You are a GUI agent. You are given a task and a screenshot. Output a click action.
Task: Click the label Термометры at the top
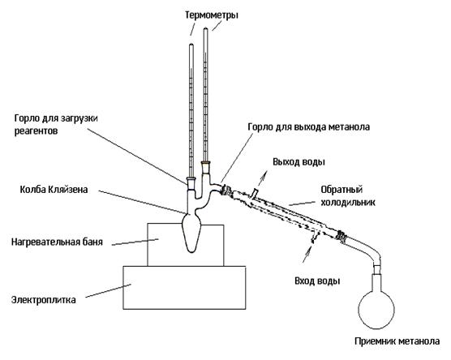coord(212,15)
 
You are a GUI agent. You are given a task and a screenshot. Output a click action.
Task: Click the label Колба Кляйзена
coord(54,190)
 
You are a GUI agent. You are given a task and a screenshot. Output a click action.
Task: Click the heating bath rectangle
coord(186,246)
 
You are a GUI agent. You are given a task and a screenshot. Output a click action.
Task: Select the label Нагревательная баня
coord(57,242)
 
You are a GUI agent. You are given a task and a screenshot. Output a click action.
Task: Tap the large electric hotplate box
coord(184,288)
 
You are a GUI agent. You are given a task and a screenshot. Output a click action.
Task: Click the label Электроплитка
coord(44,300)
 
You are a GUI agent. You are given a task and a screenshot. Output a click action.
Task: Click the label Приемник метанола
coord(397,341)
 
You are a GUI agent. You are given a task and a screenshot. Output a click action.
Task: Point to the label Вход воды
coord(317,281)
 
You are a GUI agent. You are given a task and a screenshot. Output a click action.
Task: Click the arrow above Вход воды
coord(307,255)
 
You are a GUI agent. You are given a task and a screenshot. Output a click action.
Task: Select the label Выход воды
coord(299,162)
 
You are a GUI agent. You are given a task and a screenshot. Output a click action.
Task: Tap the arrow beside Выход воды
coord(262,178)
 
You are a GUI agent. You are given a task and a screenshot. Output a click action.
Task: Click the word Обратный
coord(341,190)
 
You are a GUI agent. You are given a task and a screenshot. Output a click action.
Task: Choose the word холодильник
coord(348,202)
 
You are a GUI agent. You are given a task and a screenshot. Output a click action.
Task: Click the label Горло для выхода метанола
coord(308,126)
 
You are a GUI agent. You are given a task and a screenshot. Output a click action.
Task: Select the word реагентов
coord(36,131)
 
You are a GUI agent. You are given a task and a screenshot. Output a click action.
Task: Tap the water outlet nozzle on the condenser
coord(254,193)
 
